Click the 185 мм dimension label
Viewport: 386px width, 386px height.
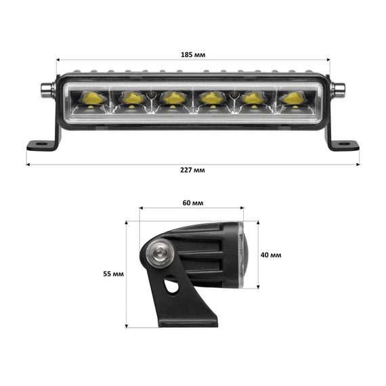[x=193, y=54]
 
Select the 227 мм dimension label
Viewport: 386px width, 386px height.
[x=192, y=170]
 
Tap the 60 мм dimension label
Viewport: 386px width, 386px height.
[x=193, y=203]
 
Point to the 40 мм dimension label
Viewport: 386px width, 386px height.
[x=271, y=255]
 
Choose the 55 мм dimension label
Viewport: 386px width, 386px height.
[x=114, y=274]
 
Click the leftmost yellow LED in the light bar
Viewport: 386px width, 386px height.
[x=91, y=97]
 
